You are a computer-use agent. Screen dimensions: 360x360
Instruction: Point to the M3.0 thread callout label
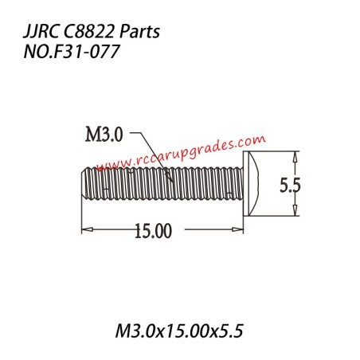(x=104, y=136)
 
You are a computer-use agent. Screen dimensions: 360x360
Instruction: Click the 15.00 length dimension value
(x=153, y=232)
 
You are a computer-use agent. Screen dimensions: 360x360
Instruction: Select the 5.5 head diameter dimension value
(x=289, y=185)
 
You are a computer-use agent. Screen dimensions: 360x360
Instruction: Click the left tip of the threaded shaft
(x=82, y=183)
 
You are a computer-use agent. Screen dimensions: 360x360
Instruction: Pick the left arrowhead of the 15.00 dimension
(x=85, y=230)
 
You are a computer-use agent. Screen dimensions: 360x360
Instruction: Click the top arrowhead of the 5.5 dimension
(x=296, y=157)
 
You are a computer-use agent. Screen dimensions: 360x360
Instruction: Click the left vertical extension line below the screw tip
(x=80, y=219)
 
